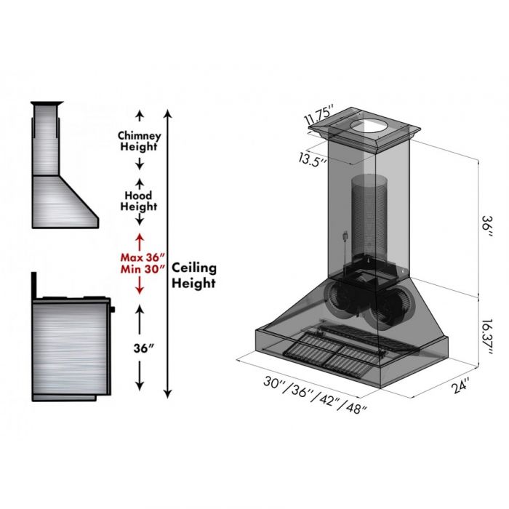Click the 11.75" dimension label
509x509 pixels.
click(318, 116)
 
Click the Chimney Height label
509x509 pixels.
click(139, 141)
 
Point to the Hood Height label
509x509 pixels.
click(139, 201)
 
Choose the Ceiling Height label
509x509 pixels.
click(193, 276)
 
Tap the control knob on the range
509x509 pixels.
click(113, 310)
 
